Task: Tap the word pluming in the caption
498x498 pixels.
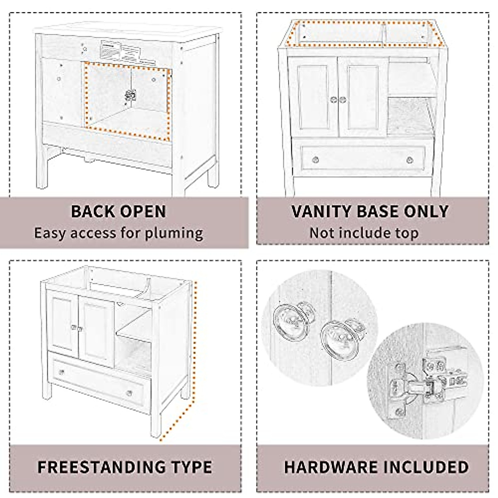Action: tap(174, 233)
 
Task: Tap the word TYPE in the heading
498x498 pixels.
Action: tap(189, 467)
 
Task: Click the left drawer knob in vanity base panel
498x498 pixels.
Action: tap(315, 160)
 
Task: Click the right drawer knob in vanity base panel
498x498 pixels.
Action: tap(410, 160)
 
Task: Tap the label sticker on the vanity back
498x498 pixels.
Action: tap(120, 52)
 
